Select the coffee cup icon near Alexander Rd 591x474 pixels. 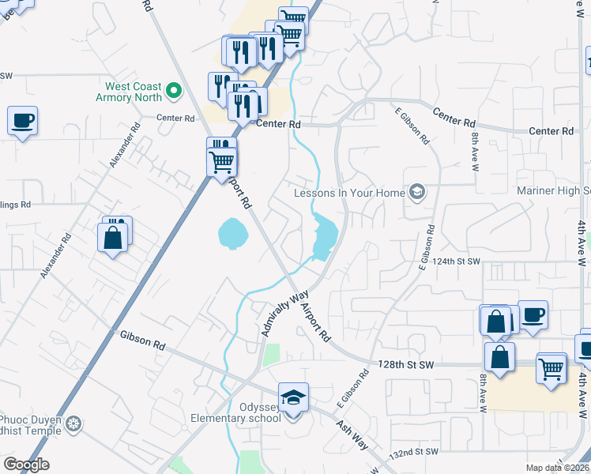coord(23,122)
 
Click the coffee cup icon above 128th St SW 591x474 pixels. coord(533,315)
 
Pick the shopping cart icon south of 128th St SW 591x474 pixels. coord(551,368)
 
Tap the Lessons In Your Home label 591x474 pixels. coord(349,193)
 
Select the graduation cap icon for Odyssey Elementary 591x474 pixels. coord(293,397)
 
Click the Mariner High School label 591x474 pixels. coord(553,191)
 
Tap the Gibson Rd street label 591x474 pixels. coord(142,341)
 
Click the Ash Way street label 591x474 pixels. coord(352,434)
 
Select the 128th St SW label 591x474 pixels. coord(406,364)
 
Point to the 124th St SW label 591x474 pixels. coord(457,261)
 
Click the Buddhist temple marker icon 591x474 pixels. coord(73,424)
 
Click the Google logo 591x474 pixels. coord(26,465)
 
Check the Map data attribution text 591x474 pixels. coord(558,468)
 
